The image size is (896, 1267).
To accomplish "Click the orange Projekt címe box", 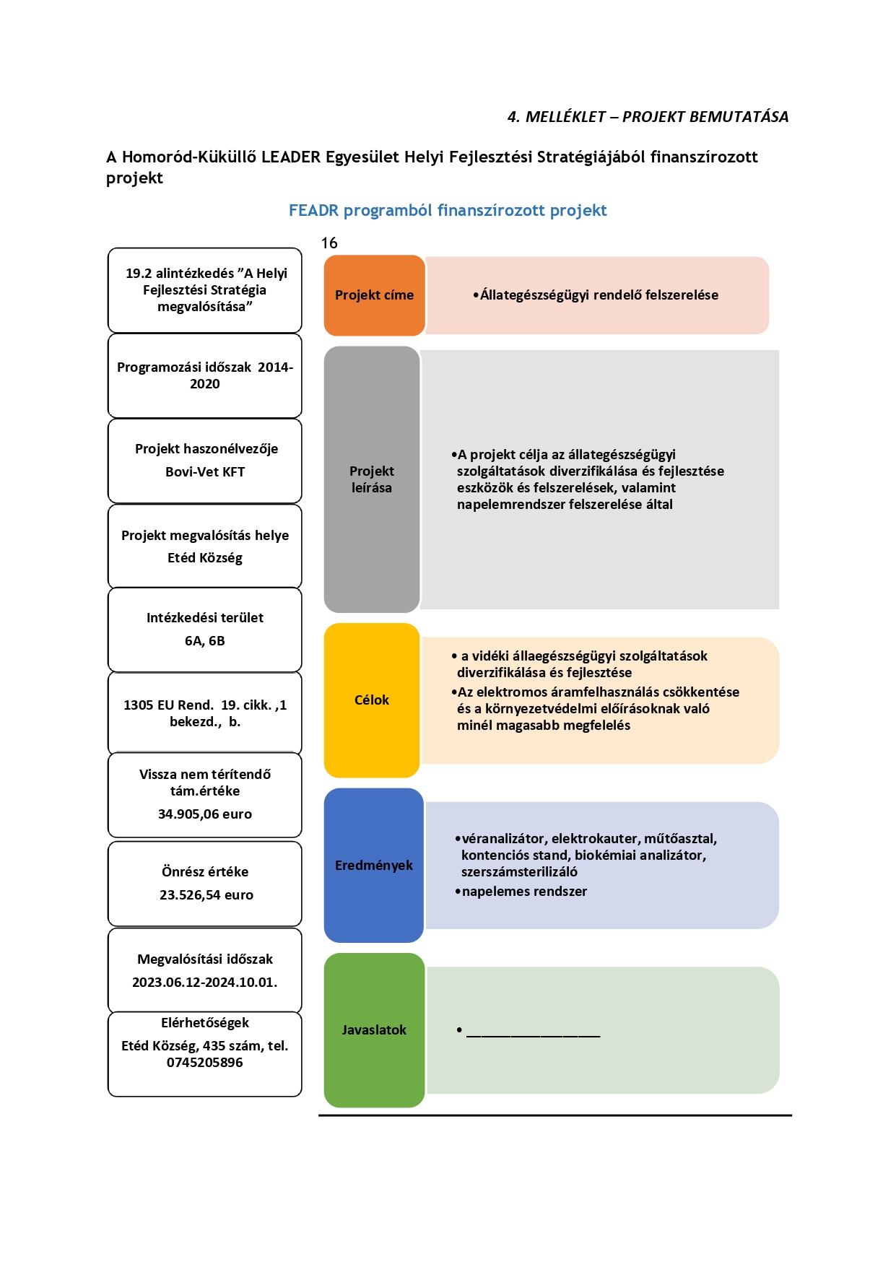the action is tap(374, 295).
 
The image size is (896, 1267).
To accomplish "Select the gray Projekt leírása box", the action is tap(372, 479).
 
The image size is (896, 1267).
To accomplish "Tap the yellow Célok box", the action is tap(372, 700).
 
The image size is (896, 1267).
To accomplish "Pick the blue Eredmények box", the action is tap(374, 865).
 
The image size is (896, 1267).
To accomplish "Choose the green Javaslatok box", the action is tap(374, 1030).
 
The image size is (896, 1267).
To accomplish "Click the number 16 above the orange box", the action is tap(329, 243).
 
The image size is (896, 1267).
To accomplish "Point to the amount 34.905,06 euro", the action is tap(205, 814).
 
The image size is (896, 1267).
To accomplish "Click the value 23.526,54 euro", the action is tap(206, 895).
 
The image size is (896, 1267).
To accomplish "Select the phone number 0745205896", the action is tap(205, 1063).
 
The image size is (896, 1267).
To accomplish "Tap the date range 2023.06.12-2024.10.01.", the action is tap(205, 983).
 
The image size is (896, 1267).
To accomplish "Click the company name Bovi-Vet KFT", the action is tap(205, 472).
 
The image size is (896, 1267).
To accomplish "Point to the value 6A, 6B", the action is tap(205, 641).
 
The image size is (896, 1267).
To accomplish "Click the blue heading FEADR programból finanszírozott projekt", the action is tap(448, 211).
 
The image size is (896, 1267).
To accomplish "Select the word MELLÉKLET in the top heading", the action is tap(565, 117).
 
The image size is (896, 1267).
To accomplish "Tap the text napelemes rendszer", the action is tap(524, 892).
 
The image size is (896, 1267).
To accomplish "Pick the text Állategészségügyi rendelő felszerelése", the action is tap(599, 295).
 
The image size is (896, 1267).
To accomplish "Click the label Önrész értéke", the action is tap(205, 872).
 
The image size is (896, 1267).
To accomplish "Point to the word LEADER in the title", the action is tap(291, 157).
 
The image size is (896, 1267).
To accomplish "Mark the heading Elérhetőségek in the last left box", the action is tap(205, 1023).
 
